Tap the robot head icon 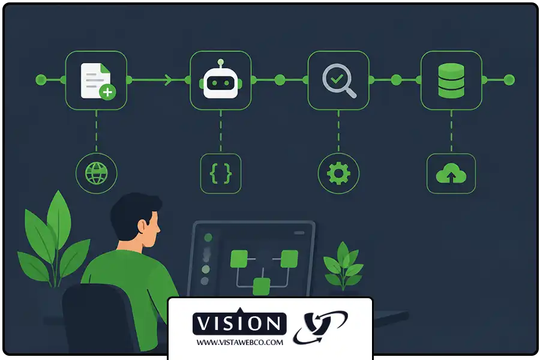[x=221, y=80]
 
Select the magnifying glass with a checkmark [x=339, y=80]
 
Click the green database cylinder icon [x=451, y=80]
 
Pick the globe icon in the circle [x=97, y=173]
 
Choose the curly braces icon [x=221, y=173]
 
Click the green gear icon [x=338, y=173]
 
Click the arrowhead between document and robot [x=169, y=80]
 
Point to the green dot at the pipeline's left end [x=41, y=80]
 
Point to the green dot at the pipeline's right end [x=509, y=80]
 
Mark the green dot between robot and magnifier [x=280, y=80]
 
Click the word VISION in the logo [x=239, y=323]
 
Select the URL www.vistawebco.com [x=239, y=343]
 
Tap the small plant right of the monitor [x=343, y=266]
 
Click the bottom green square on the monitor [x=262, y=287]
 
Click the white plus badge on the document [x=108, y=92]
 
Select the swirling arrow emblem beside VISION [x=320, y=327]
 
